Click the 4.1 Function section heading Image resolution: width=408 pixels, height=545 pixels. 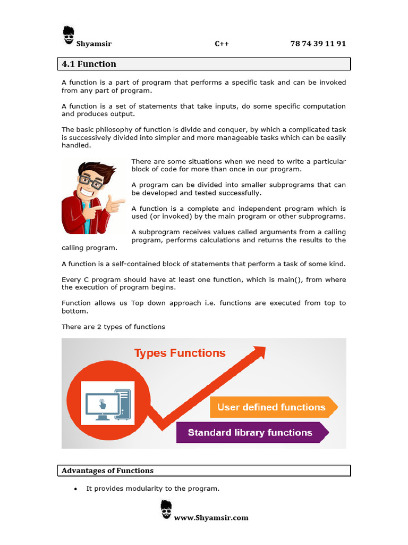tap(89, 64)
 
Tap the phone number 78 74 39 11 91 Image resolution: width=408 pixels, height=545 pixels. tap(318, 44)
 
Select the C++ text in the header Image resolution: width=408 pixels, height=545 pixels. tap(222, 44)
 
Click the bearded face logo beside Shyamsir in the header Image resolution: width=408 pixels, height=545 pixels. tap(69, 36)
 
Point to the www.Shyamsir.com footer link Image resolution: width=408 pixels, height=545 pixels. tap(211, 517)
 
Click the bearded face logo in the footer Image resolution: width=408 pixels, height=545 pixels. tap(166, 509)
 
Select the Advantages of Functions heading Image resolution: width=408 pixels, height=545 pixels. tap(108, 470)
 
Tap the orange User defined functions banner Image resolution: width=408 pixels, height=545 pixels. tap(271, 407)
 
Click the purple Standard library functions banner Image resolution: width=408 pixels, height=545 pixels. tap(250, 433)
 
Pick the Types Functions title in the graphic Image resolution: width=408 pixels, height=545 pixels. tap(180, 353)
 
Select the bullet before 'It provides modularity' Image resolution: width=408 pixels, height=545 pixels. tap(75, 489)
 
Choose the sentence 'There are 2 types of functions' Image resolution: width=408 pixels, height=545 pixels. tap(113, 326)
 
